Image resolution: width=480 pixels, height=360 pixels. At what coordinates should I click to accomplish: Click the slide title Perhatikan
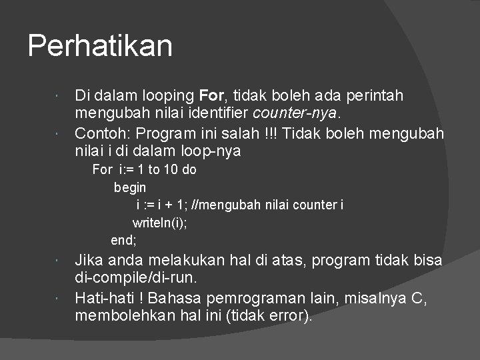[100, 46]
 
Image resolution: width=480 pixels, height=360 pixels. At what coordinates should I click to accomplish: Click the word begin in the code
[130, 187]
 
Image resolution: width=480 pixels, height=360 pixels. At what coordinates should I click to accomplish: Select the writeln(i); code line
[160, 222]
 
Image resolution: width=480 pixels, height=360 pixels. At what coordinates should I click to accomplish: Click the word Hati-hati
[101, 297]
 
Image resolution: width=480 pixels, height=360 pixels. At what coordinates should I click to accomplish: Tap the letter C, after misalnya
[419, 297]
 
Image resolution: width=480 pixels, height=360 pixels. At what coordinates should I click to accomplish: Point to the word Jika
[88, 260]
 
